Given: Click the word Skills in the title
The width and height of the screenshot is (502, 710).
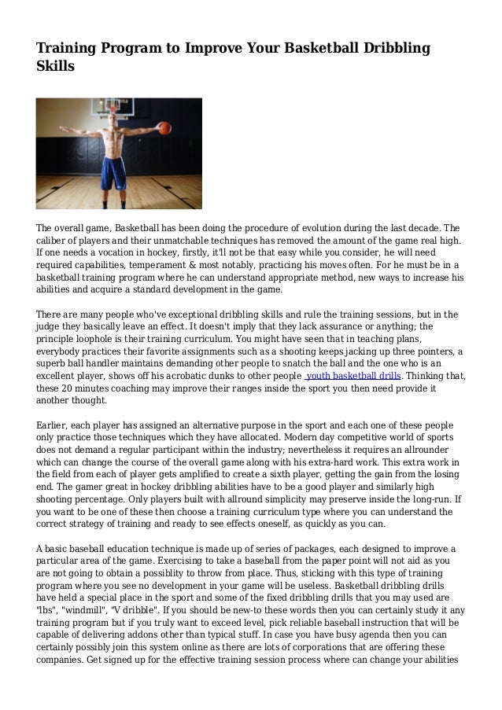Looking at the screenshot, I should coord(55,67).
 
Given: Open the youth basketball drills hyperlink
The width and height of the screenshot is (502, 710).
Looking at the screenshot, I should coord(352,376).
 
